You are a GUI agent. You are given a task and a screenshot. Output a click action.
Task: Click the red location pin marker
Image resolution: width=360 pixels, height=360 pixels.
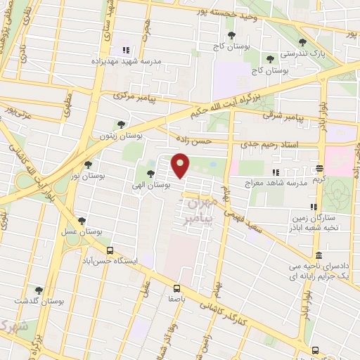181,166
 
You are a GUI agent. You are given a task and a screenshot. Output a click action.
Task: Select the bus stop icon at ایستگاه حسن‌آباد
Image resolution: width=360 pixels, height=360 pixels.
109,250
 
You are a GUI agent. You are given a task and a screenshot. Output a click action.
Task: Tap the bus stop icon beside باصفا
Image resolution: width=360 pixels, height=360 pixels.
176,288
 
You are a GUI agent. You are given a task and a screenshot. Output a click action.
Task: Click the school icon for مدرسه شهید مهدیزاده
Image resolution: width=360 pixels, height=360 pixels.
126,50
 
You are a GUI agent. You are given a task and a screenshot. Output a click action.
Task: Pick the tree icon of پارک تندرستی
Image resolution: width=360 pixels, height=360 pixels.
302,42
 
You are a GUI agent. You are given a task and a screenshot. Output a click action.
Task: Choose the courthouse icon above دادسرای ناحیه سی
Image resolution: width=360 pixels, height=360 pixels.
319,255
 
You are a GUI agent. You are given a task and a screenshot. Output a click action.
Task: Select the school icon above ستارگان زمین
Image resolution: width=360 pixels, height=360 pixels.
314,207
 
